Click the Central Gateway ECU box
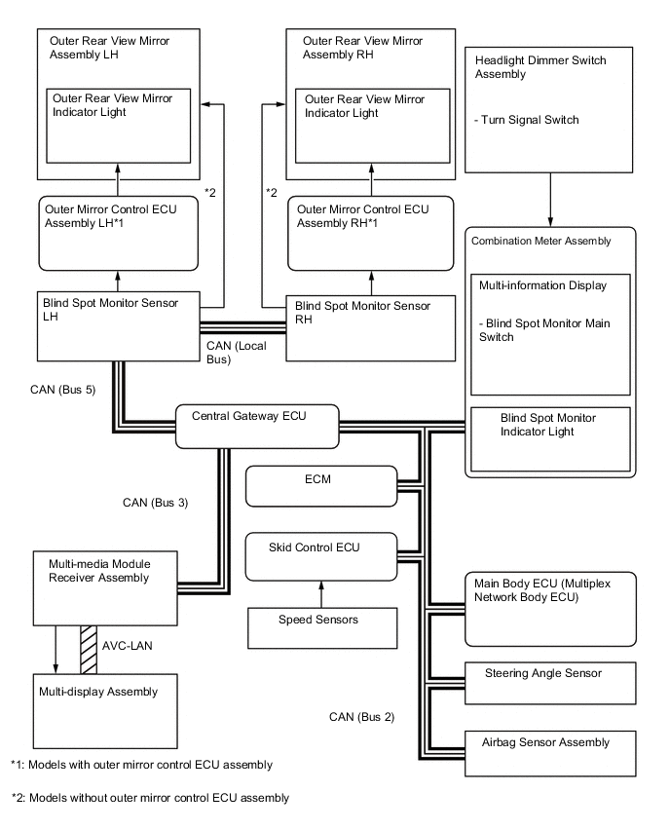point(256,425)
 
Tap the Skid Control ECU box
point(321,555)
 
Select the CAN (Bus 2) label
point(362,718)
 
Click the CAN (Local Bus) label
point(234,353)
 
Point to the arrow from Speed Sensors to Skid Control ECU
point(320,594)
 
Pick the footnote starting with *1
point(142,765)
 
